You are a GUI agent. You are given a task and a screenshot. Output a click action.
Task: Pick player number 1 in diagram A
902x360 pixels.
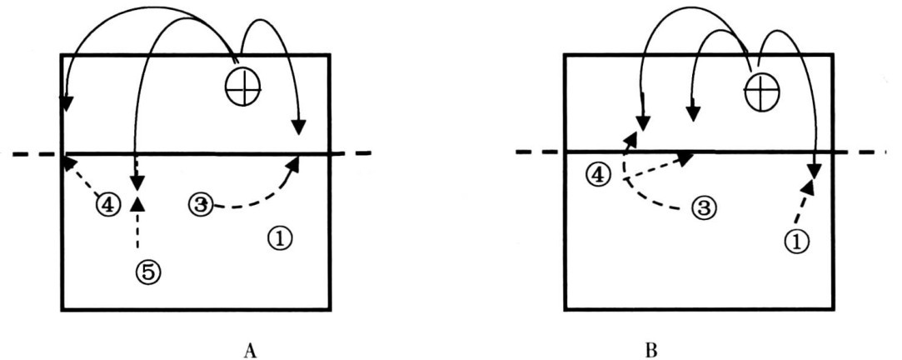(x=280, y=237)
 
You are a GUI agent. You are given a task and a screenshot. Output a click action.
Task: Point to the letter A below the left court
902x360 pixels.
(x=248, y=350)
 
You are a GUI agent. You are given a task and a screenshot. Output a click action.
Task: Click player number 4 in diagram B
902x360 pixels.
(x=596, y=175)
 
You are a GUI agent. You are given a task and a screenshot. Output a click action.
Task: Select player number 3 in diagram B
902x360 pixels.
(x=704, y=207)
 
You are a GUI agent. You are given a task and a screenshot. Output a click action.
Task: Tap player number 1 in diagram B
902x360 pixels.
(x=797, y=241)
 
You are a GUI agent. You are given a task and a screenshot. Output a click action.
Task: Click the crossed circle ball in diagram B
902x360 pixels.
(x=762, y=89)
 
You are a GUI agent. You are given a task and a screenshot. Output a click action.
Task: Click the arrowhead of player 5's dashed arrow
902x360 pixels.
(x=137, y=202)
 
